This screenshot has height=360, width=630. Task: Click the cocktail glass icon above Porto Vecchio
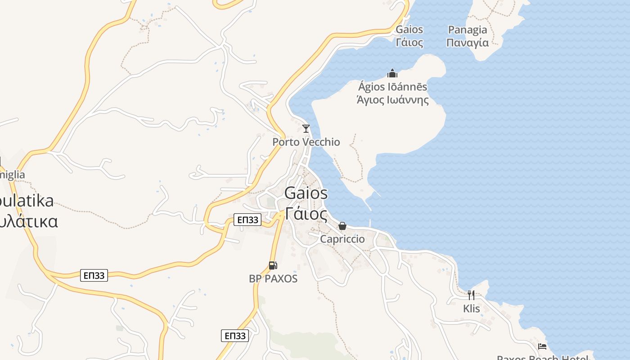[306, 129]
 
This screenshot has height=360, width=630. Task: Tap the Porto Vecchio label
[306, 142]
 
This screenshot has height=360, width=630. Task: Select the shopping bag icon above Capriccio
[342, 226]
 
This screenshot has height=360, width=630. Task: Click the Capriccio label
[342, 239]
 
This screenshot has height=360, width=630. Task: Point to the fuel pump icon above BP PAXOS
[273, 265]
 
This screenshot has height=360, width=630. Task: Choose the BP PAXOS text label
[273, 279]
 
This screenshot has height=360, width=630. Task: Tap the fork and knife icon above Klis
[471, 295]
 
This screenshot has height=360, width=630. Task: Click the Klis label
[472, 309]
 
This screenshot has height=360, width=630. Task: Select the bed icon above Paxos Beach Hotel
[543, 346]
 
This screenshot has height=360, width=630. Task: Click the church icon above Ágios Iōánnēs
[392, 73]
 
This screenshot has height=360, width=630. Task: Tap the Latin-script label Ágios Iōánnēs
[392, 86]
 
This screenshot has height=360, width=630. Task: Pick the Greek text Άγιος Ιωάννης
[392, 100]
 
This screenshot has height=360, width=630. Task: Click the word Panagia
[468, 30]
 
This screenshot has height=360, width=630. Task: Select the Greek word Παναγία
[468, 43]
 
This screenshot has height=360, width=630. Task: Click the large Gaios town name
[306, 193]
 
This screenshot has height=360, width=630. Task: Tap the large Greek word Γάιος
[306, 214]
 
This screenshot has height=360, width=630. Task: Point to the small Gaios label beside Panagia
[409, 30]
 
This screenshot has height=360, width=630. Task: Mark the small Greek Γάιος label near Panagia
[409, 43]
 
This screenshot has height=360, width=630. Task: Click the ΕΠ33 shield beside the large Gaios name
[247, 220]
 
